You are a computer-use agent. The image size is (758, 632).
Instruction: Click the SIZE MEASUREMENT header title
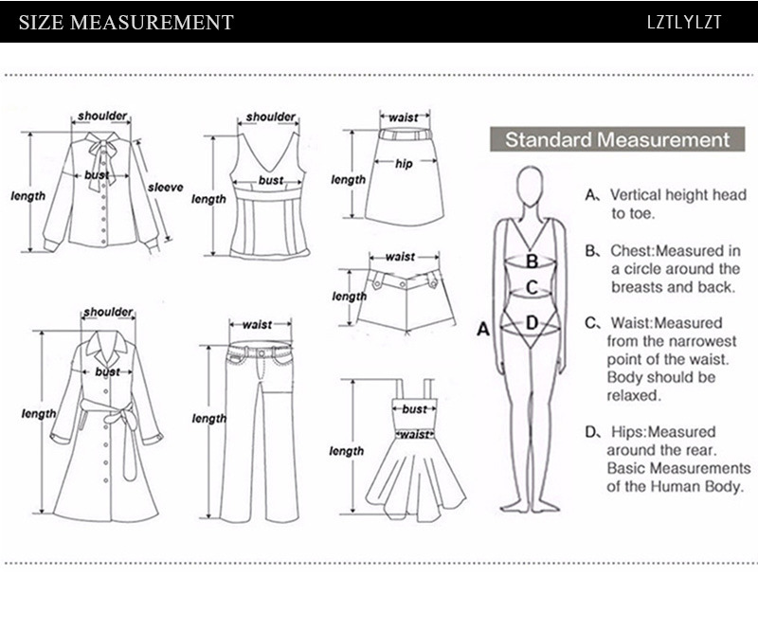click(x=125, y=22)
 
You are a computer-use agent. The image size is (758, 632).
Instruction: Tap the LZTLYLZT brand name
click(x=684, y=22)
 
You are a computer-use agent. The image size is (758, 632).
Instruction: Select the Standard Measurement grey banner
click(x=617, y=140)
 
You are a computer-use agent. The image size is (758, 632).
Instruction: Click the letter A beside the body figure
click(x=482, y=329)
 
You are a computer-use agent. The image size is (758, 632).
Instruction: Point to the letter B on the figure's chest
click(x=532, y=260)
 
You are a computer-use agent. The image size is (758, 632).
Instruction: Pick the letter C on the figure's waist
click(x=532, y=287)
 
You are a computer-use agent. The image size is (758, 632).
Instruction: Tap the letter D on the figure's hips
click(x=532, y=323)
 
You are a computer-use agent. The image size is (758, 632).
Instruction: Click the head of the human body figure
click(x=532, y=188)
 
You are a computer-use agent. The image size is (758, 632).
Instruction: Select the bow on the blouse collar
click(x=99, y=152)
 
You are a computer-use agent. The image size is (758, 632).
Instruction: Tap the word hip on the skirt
click(x=405, y=162)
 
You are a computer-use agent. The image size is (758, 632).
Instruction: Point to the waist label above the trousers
click(x=257, y=325)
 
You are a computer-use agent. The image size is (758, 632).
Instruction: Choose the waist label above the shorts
click(x=399, y=257)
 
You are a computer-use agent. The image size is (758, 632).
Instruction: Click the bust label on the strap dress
click(x=414, y=409)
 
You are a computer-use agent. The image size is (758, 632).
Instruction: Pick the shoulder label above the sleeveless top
click(x=270, y=117)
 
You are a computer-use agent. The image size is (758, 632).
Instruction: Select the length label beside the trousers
click(x=209, y=419)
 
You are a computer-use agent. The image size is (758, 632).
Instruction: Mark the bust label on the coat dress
click(x=107, y=372)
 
